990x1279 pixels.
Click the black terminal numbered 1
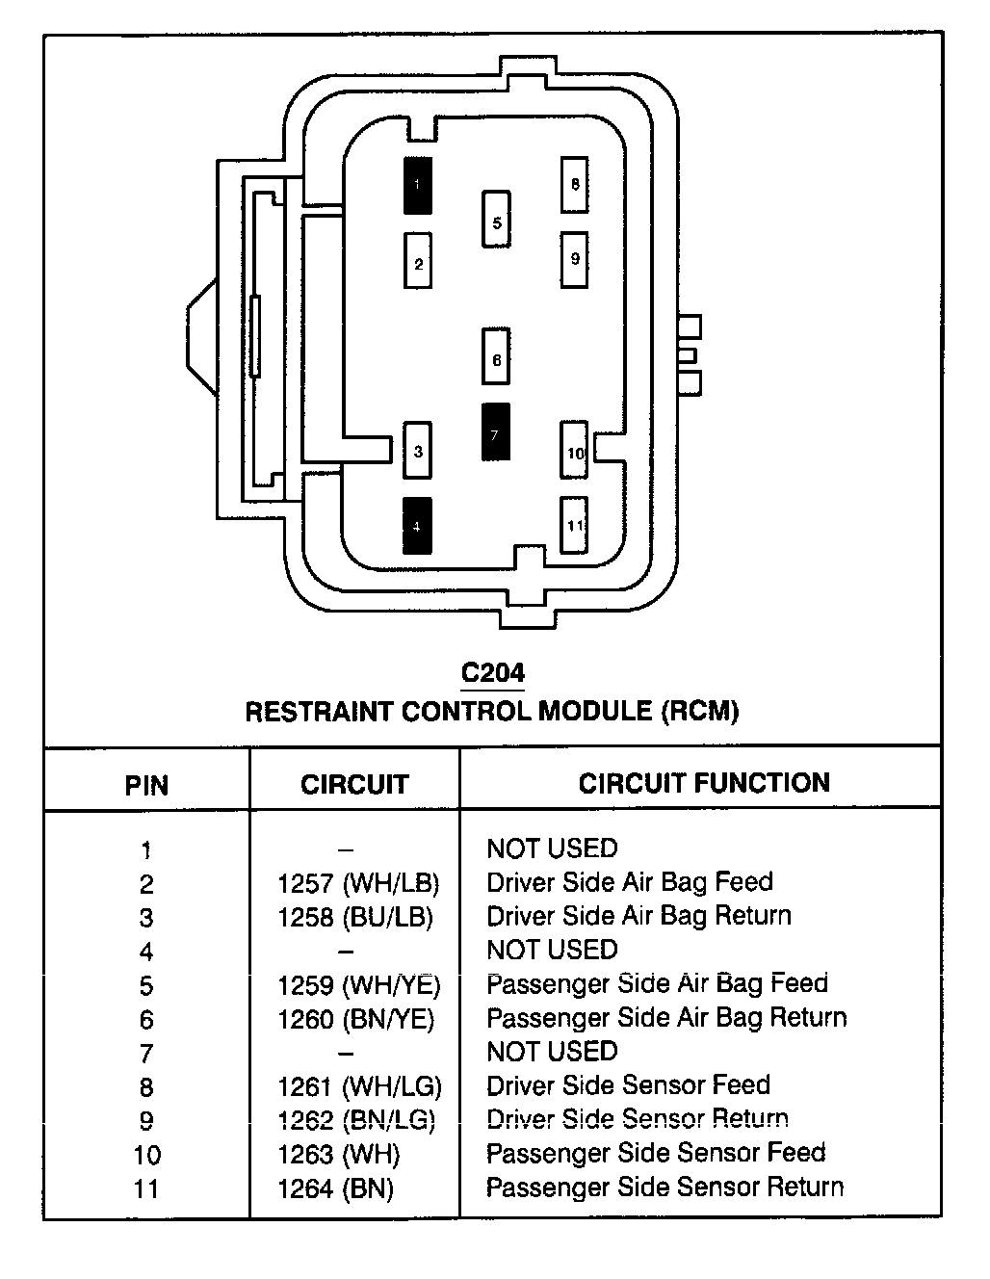417,186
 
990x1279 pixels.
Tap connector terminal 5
496,219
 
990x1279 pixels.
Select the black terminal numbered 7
496,432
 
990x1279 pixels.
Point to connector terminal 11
574,525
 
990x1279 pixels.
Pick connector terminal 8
575,185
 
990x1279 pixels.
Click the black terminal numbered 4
417,526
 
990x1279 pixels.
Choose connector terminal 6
496,356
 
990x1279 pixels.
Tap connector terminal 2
418,261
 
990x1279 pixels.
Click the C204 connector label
493,673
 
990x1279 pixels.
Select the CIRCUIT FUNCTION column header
704,783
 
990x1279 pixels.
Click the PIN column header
146,786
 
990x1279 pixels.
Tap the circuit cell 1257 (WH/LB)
358,883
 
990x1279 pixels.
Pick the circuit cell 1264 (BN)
335,1188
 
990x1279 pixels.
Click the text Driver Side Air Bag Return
639,917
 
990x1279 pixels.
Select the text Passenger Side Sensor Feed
656,1153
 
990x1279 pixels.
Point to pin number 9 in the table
146,1121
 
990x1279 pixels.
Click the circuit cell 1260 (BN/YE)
356,1019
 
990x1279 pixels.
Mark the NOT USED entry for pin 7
552,1051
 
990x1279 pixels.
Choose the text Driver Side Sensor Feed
629,1085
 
